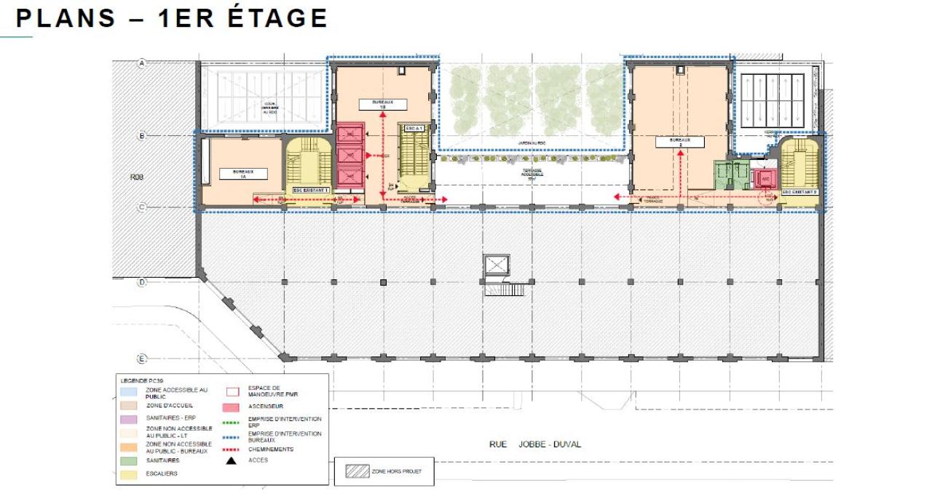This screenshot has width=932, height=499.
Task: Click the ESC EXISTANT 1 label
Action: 311,190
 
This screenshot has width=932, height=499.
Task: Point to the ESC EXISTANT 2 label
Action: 799,192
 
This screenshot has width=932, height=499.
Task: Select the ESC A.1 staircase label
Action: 414,128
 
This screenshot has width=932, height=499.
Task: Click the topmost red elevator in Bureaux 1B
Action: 350,135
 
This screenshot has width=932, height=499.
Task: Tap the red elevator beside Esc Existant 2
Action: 765,177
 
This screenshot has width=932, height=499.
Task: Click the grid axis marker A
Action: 143,64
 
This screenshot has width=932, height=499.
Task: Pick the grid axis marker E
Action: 143,359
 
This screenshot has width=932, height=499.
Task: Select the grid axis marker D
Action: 143,282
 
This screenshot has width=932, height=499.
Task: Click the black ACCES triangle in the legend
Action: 232,460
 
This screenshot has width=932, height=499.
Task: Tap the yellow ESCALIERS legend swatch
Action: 132,474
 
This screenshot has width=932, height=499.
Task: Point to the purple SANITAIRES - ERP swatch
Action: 132,419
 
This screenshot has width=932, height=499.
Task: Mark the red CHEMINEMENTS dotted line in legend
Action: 232,450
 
